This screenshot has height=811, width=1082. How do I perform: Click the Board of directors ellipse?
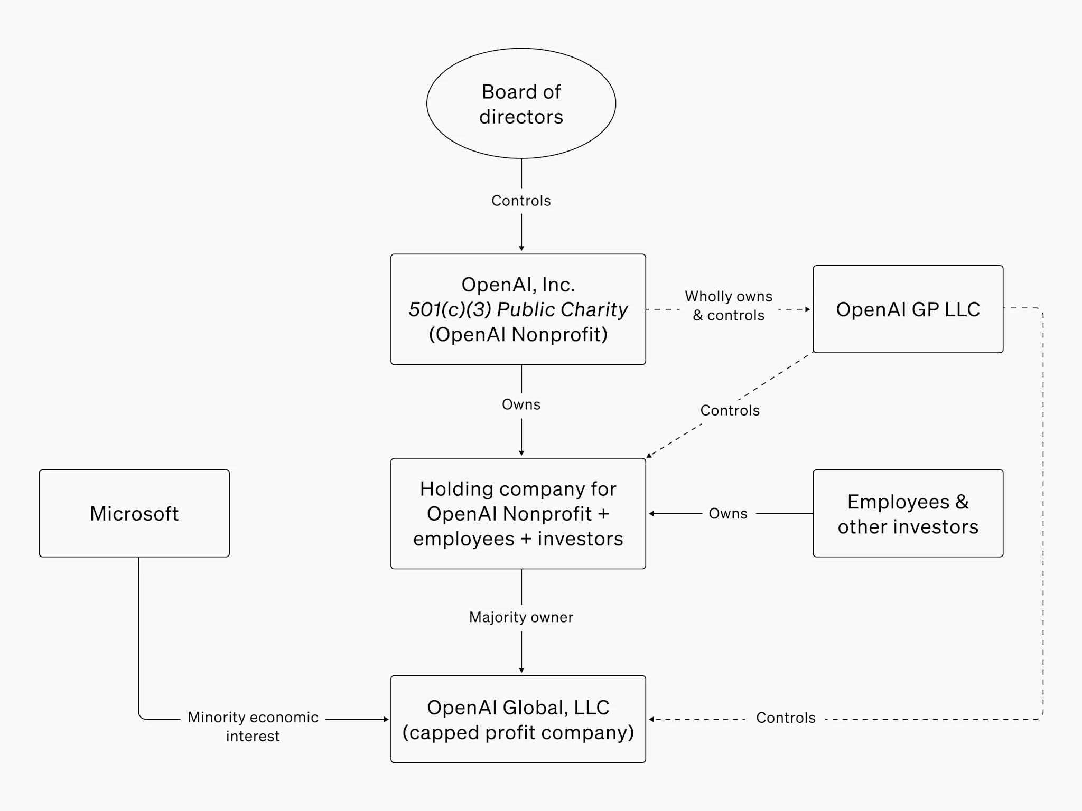point(521,103)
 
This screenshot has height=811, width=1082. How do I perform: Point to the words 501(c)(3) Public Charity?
point(518,309)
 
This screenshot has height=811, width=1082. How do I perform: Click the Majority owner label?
point(521,617)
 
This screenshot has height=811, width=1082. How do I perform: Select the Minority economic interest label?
point(253,726)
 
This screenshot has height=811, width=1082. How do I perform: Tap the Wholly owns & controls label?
point(729,306)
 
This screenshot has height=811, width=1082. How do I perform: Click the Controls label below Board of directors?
point(521,201)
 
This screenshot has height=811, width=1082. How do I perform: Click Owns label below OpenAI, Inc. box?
point(521,404)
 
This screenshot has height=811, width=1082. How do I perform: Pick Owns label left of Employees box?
point(727,514)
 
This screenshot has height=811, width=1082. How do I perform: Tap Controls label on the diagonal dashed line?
point(730,410)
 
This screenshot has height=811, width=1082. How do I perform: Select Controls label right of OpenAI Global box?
point(786,718)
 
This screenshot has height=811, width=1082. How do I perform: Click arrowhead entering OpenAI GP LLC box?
point(808,309)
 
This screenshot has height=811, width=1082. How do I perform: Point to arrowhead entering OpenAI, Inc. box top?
point(521,248)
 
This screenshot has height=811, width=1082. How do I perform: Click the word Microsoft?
point(134,514)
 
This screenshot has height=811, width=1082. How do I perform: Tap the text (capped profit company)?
point(518,732)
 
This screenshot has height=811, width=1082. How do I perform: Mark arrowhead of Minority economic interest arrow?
point(386,719)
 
